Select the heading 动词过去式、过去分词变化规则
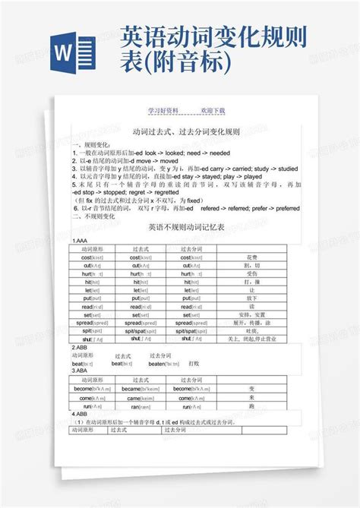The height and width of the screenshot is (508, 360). tap(185, 131)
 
